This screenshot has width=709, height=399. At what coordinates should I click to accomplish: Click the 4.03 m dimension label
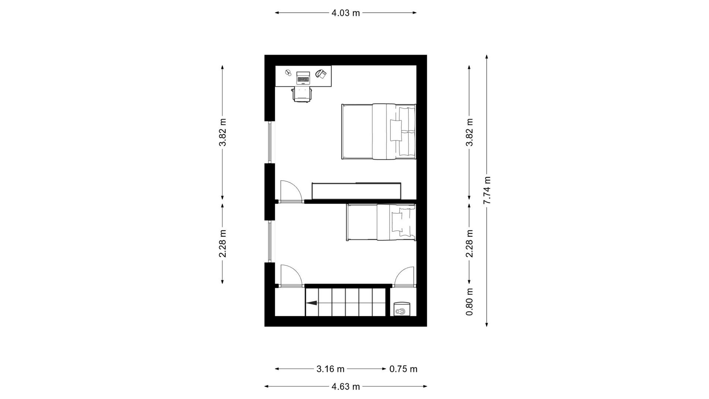[346, 13]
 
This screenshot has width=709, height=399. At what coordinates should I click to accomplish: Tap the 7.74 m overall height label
[487, 190]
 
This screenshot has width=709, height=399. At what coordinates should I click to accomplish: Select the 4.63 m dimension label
[346, 387]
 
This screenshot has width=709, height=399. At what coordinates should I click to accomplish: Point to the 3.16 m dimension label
[330, 369]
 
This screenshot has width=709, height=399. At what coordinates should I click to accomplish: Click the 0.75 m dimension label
[403, 369]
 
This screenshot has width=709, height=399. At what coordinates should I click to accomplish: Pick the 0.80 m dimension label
[469, 302]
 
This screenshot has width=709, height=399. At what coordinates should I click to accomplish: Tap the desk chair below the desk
[302, 95]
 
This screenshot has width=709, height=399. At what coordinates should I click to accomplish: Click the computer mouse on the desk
[288, 73]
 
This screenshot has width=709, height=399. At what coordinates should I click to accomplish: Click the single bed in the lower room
[381, 223]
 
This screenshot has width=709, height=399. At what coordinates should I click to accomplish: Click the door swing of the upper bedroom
[291, 191]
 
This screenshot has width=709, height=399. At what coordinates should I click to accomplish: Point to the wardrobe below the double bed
[357, 191]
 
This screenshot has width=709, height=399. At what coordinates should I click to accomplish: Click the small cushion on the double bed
[395, 130]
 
